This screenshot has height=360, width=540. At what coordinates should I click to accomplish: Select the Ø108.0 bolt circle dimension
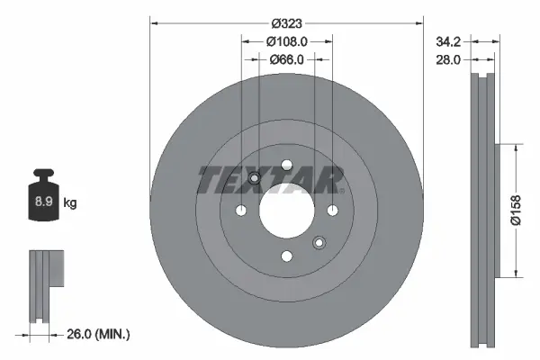287,40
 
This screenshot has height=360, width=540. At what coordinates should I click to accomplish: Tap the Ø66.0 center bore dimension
287,59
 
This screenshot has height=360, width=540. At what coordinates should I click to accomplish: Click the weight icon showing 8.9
43,198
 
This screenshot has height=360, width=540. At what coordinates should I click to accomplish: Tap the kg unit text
70,203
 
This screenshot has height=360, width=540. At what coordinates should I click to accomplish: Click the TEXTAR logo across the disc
269,180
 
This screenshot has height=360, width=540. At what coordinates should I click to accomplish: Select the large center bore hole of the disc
286,210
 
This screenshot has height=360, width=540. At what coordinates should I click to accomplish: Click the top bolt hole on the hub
286,165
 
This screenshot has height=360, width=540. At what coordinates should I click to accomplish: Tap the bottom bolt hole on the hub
286,256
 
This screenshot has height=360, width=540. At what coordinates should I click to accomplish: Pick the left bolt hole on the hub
241,211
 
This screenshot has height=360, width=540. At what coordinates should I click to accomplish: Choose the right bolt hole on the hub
332,211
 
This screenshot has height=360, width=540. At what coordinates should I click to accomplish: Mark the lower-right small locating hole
319,242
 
